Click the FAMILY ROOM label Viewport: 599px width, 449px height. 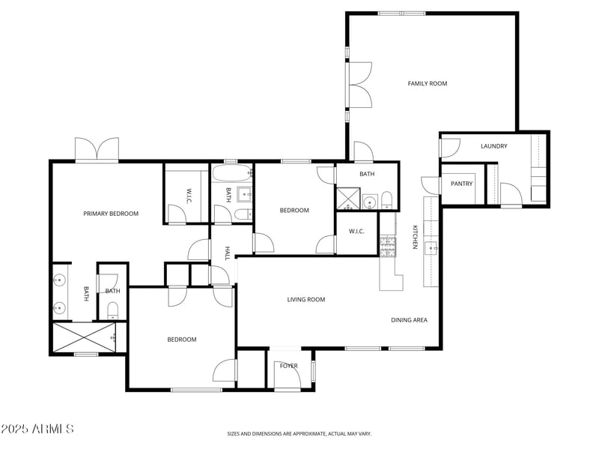click(x=428, y=84)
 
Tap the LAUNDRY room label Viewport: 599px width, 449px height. click(x=494, y=146)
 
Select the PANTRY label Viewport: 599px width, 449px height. click(x=462, y=184)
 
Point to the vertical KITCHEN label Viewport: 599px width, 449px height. click(x=415, y=237)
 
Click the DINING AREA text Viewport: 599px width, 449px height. click(x=410, y=320)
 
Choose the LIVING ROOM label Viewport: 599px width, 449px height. click(x=306, y=300)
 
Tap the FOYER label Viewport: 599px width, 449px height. click(x=289, y=366)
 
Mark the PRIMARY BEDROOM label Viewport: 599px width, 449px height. click(x=111, y=214)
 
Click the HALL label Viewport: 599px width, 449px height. click(x=228, y=253)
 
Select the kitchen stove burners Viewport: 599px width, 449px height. click(x=388, y=247)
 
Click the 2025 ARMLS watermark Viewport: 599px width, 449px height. click(x=37, y=430)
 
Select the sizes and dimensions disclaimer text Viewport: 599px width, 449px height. click(x=299, y=433)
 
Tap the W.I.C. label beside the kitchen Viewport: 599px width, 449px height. click(x=356, y=231)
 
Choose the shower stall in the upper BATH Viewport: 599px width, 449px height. click(x=347, y=198)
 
